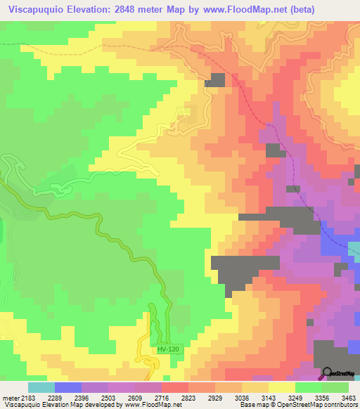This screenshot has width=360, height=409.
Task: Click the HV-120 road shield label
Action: (167, 349)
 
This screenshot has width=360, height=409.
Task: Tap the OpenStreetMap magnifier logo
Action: (328, 373)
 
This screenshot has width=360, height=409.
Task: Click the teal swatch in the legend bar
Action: (41, 387)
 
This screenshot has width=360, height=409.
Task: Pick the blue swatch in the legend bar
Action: (67, 387)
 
